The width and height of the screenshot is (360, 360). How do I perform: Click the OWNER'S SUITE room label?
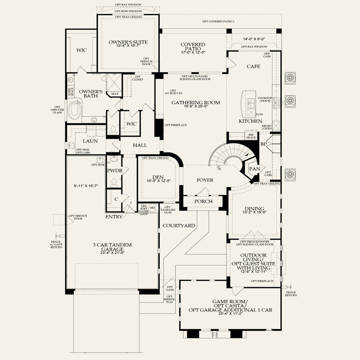(x=128, y=42)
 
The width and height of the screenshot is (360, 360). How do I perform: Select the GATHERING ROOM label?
(x=195, y=102)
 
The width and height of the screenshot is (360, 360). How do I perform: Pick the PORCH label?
(x=203, y=201)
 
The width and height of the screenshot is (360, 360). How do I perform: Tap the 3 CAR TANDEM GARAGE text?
(x=112, y=247)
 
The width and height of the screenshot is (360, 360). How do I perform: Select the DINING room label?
(x=254, y=209)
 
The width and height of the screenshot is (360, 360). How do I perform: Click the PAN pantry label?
(x=255, y=169)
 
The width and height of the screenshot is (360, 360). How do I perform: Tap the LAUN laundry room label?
(x=90, y=141)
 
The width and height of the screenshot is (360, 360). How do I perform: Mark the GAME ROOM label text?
(x=230, y=301)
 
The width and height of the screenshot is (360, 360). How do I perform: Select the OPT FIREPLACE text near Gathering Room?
(x=176, y=125)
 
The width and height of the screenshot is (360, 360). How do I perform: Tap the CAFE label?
(x=253, y=66)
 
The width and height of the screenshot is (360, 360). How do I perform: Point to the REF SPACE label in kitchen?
(x=250, y=136)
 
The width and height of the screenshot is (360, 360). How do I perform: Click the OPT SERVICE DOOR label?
(x=76, y=217)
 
